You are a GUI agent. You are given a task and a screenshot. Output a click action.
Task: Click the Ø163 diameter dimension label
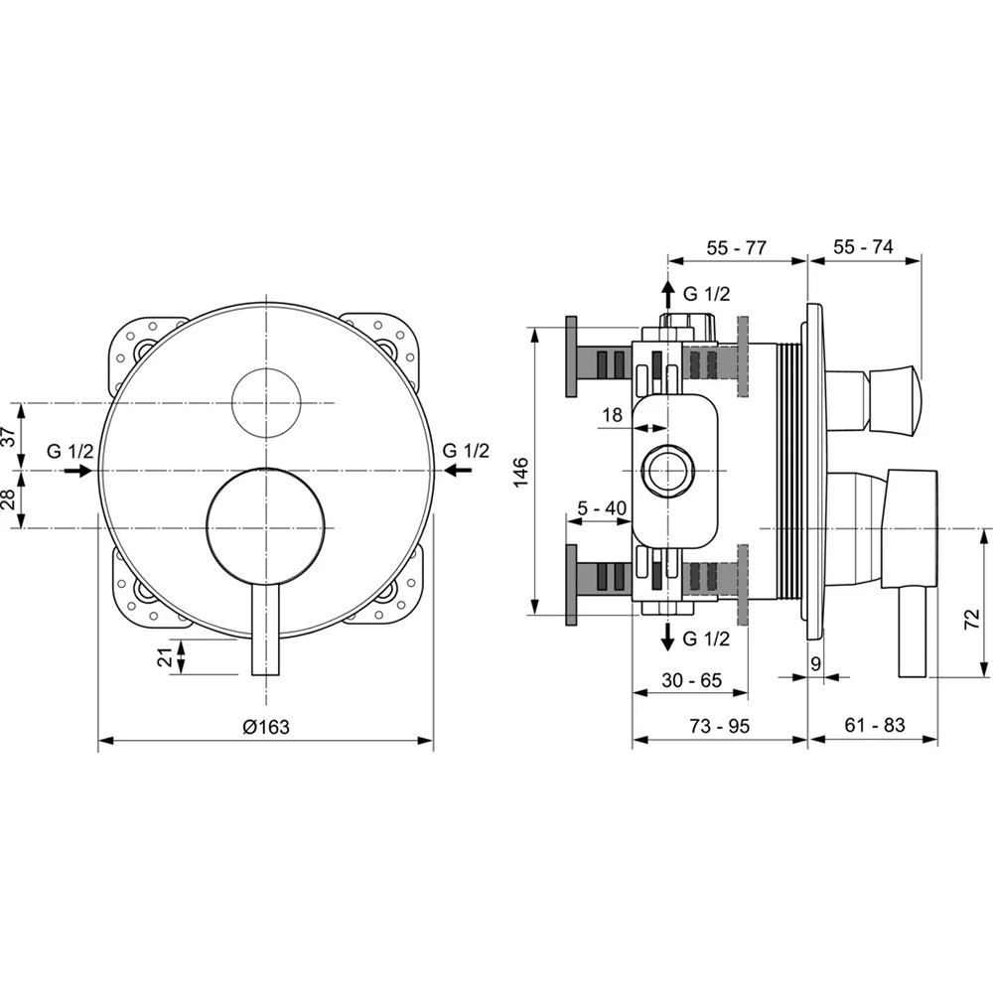coord(266,727)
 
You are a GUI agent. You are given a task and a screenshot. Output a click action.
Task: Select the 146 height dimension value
coord(520,472)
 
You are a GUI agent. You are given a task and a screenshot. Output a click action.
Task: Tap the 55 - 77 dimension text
coord(737,247)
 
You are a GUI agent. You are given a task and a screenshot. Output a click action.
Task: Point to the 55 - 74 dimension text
coord(863,246)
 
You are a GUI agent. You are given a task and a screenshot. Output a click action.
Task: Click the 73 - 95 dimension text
coord(719,726)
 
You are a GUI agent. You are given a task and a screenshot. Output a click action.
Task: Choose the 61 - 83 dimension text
coord(875,725)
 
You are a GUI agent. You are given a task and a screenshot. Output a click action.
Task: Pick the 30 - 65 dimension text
coord(691,680)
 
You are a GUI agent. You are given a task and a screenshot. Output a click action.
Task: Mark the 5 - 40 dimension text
coord(603,507)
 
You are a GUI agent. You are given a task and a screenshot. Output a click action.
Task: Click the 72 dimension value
coord(971,619)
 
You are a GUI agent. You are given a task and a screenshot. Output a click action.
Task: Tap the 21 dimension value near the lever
coord(165,657)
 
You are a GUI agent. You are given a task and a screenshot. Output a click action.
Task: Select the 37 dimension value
coord(9,436)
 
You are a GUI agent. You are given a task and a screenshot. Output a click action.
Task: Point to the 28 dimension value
coord(9,499)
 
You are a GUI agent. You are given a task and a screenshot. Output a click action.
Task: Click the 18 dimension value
coord(612,415)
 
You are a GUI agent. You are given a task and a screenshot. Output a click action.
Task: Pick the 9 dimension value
coord(815,663)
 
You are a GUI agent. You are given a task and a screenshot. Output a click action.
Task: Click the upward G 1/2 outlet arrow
coord(667,295)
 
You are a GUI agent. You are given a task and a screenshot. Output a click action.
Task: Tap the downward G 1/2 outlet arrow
coord(667,636)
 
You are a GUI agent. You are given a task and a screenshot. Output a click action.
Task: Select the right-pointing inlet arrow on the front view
coord(78,471)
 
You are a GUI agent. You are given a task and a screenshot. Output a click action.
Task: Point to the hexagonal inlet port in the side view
coord(667,471)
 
